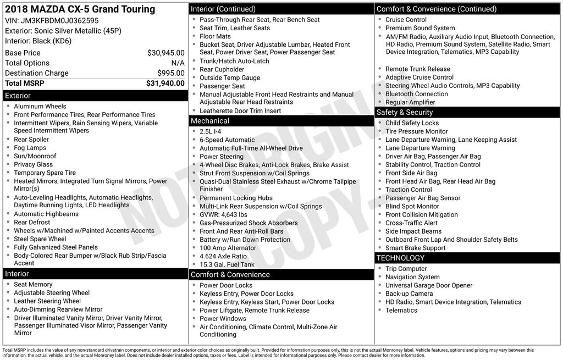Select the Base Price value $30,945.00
coord(165,53)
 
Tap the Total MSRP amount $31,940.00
coord(165,84)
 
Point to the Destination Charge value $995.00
coord(170,73)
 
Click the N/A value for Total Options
coord(178,63)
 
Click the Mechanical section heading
coord(210,121)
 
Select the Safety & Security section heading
coord(405,112)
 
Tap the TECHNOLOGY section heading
coord(400,258)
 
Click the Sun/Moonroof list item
coord(35,156)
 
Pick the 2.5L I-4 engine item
coord(211,132)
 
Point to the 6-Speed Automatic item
coord(227,140)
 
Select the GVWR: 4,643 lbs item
coord(223,214)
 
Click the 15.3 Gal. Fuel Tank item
coord(227,264)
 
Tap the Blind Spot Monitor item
coord(412,206)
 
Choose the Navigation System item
coord(412,277)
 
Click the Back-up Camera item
coord(409,293)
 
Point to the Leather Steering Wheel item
coord(47,301)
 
